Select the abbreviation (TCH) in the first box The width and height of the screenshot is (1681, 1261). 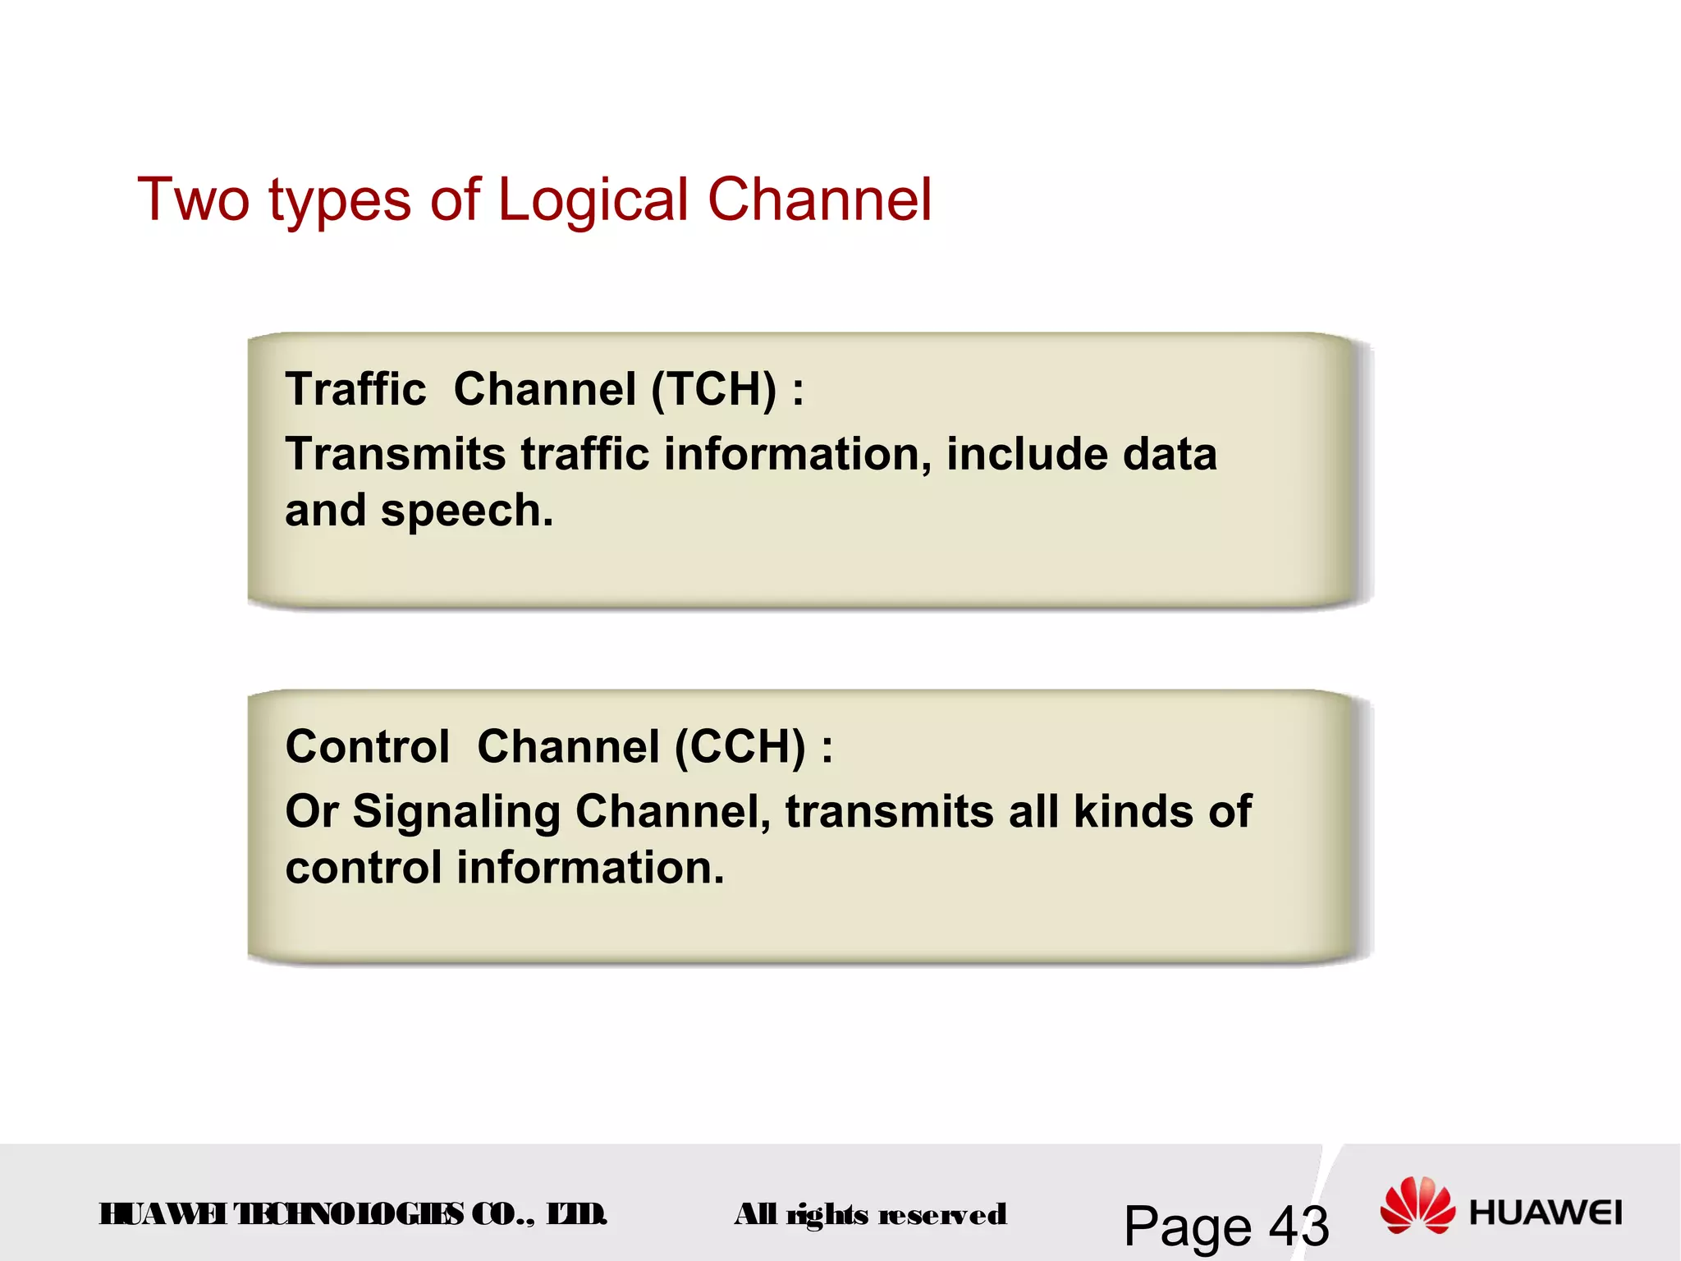point(713,389)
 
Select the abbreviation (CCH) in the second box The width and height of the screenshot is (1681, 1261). point(740,747)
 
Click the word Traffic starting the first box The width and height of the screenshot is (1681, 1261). point(355,389)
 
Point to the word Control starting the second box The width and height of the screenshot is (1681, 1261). point(367,747)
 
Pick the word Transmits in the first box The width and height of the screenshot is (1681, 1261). point(395,454)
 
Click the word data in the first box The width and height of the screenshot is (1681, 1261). point(1170,454)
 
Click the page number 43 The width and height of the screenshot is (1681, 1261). point(1299,1226)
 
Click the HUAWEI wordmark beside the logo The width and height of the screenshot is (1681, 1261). point(1546,1213)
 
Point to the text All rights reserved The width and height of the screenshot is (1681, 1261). point(870,1214)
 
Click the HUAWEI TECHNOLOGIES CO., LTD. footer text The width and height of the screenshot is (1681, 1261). point(353,1213)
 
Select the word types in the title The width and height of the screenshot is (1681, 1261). point(339,202)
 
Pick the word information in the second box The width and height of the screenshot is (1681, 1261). point(590,868)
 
